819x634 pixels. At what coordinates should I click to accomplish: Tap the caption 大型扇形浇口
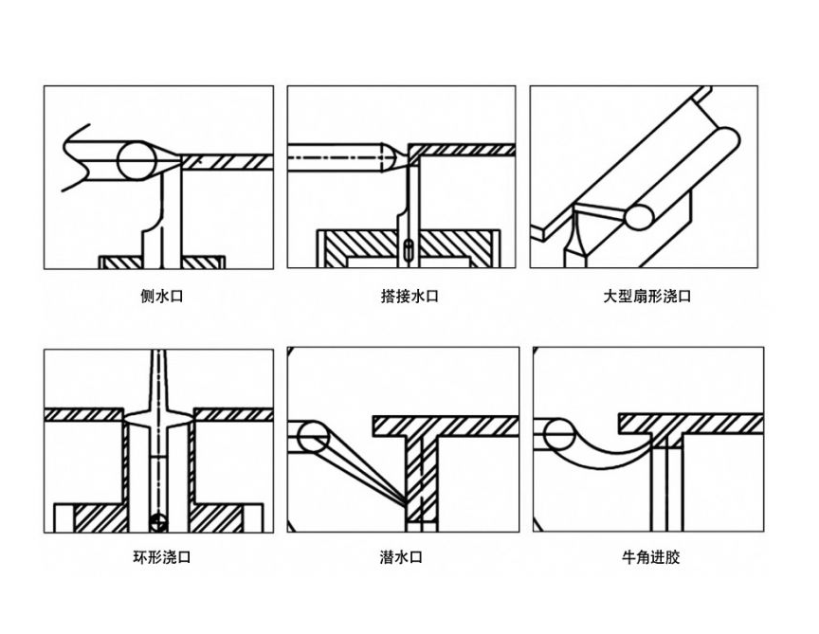tap(647, 297)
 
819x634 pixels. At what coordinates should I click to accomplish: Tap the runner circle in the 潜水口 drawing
tap(312, 438)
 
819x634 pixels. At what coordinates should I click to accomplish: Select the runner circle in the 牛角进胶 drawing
tap(555, 434)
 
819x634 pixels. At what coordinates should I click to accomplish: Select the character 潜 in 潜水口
tap(387, 557)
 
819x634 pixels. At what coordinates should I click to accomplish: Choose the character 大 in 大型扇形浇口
tap(610, 297)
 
